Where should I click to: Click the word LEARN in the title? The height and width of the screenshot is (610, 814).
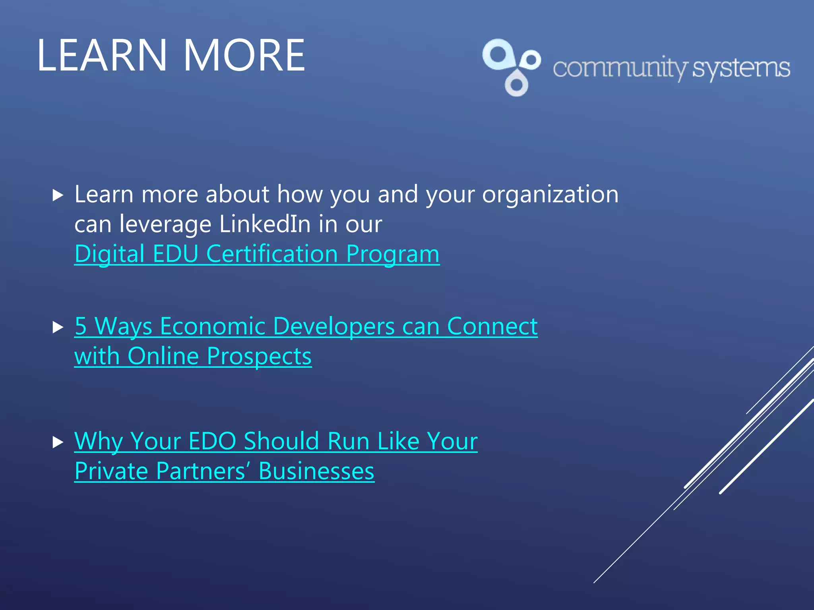(102, 56)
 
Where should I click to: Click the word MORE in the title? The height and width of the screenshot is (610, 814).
(244, 56)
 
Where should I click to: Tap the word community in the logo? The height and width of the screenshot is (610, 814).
(620, 68)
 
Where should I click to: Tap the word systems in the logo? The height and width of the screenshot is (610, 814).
(741, 68)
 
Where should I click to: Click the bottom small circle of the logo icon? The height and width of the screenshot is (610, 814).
(516, 85)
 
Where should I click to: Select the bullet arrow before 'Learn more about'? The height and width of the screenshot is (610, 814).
(58, 195)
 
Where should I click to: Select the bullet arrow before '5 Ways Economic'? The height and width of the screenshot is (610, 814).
(58, 327)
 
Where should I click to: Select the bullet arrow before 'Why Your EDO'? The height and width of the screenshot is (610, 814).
(58, 442)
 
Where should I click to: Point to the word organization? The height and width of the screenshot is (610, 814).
(550, 195)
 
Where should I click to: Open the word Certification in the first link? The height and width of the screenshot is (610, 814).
(272, 254)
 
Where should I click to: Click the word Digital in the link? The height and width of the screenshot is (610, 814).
(109, 254)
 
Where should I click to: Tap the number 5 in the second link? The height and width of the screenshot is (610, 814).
(81, 326)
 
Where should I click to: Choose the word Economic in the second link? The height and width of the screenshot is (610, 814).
(212, 326)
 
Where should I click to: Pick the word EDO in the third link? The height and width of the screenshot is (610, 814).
(212, 441)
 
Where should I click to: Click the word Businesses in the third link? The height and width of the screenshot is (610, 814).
(316, 471)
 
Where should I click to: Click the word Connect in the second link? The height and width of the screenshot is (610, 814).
(492, 326)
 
